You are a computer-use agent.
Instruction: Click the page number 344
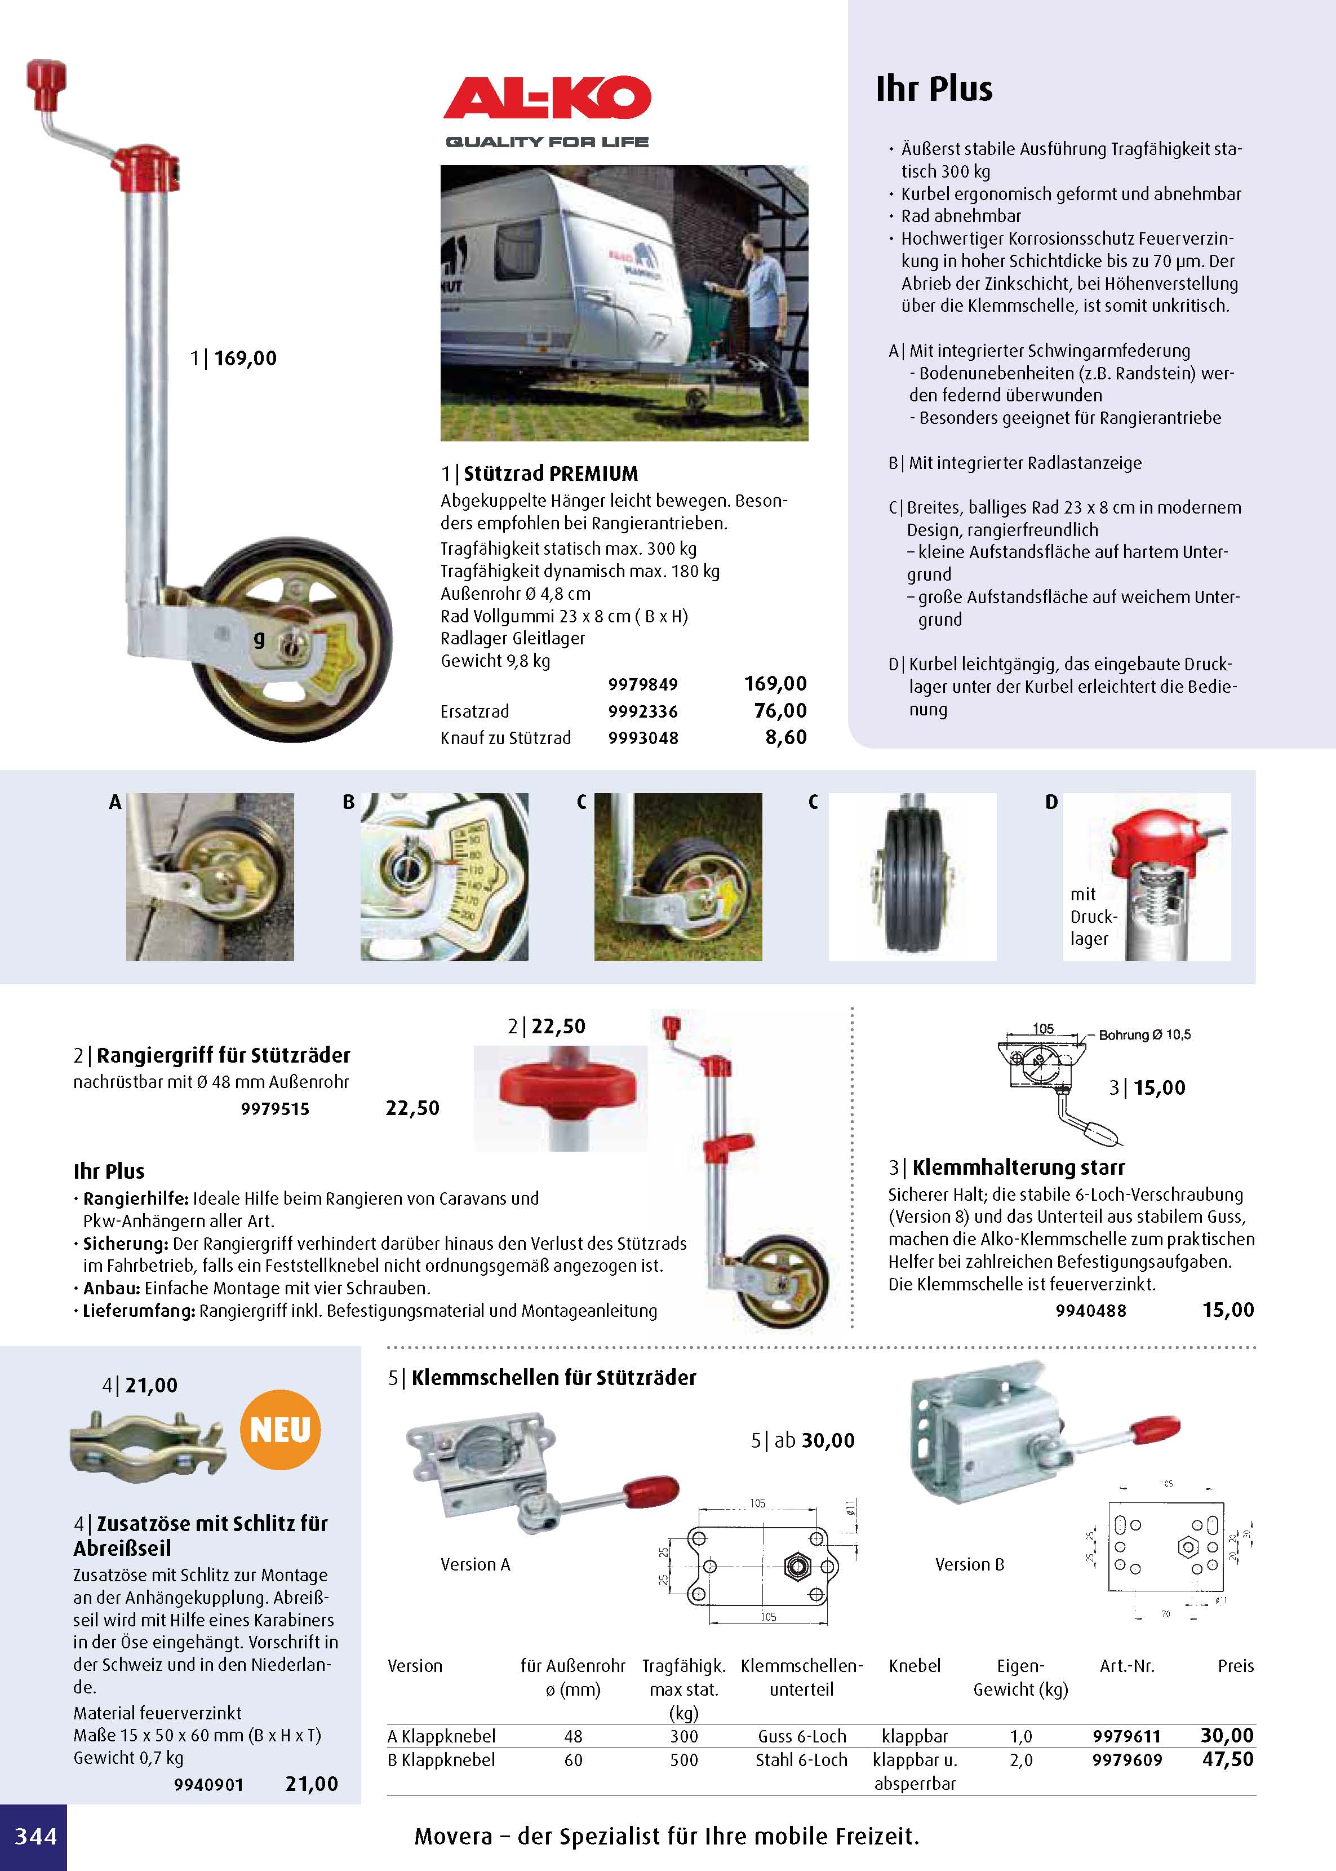click(x=35, y=1835)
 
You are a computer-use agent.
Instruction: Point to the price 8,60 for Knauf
click(x=785, y=737)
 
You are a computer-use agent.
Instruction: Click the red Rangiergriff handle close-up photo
click(x=560, y=1097)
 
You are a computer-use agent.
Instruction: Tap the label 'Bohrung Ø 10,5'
click(x=1144, y=1035)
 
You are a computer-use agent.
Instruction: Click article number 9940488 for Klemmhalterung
click(x=1091, y=1311)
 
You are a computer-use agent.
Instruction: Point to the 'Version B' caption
click(x=969, y=1564)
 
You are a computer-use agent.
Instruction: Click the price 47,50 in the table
click(x=1227, y=1760)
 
